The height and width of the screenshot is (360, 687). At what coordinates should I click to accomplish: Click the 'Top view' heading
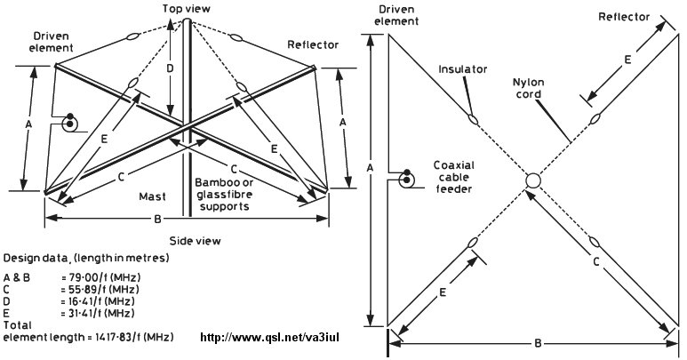185,8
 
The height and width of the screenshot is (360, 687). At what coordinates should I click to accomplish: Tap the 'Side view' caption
195,241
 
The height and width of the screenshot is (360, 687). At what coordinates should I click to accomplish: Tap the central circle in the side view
533,181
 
